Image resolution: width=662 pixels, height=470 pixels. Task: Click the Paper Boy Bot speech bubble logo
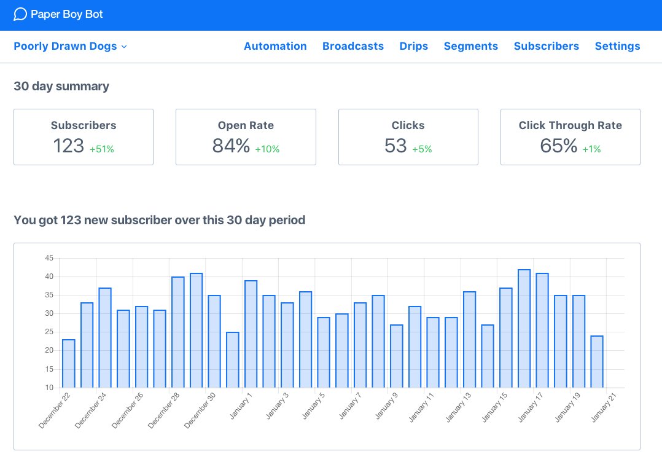click(x=20, y=14)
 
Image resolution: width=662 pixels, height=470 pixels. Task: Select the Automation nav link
click(x=275, y=46)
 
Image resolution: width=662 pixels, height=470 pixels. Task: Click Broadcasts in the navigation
click(x=353, y=46)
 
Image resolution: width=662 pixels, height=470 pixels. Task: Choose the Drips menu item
click(x=413, y=46)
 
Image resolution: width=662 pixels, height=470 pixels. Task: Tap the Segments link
click(x=470, y=46)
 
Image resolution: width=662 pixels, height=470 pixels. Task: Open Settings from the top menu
click(x=617, y=46)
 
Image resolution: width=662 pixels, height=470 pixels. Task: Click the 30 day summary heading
click(x=61, y=87)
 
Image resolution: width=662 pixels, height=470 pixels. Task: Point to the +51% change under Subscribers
click(x=102, y=149)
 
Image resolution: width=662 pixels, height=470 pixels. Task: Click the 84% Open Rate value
click(x=231, y=146)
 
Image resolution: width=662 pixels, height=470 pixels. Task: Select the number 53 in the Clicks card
click(x=396, y=146)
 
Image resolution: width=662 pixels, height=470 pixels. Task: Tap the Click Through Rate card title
click(x=570, y=125)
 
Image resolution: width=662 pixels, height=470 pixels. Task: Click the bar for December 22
click(x=69, y=364)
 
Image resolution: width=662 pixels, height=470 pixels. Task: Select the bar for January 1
click(x=251, y=334)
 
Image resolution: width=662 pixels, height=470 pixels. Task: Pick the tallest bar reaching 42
click(x=524, y=329)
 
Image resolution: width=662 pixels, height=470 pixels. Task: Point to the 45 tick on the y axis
click(x=49, y=258)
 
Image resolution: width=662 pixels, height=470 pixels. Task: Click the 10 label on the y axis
click(x=49, y=388)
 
